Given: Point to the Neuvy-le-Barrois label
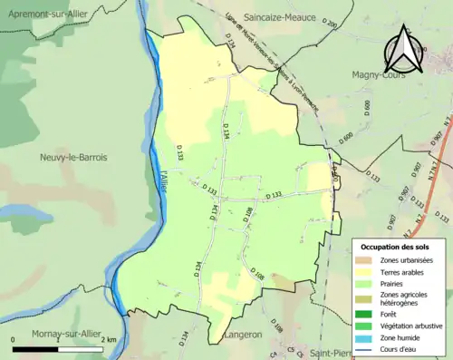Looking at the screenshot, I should coord(73,157).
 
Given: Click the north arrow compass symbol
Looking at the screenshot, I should coord(401,49).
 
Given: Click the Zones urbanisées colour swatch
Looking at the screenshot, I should coord(367,260).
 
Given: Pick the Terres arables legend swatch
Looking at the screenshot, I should coord(367,271).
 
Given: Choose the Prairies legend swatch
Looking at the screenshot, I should coord(367,283).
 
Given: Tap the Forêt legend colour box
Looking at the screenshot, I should coord(367,315).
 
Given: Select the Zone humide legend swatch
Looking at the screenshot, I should coord(367,337).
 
